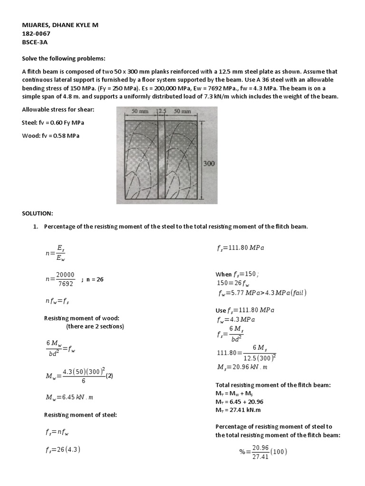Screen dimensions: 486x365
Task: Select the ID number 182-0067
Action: click(x=37, y=34)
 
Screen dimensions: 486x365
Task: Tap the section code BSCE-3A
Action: click(x=35, y=43)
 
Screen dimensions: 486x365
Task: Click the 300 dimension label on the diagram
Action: click(x=209, y=163)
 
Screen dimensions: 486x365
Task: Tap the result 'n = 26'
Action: click(x=95, y=280)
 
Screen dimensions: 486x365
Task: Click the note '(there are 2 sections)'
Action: click(x=95, y=327)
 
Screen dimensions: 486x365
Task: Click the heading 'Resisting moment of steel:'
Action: click(x=80, y=415)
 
